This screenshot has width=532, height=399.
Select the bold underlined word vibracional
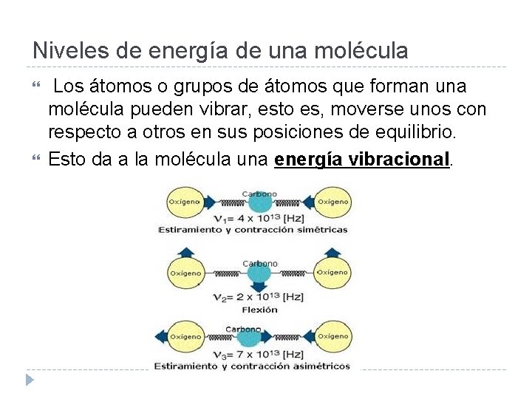point(397,160)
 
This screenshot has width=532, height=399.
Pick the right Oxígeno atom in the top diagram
point(332,202)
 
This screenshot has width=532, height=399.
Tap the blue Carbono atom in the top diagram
point(259,204)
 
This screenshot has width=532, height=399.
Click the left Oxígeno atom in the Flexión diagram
point(185,273)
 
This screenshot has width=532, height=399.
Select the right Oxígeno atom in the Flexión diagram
point(332,273)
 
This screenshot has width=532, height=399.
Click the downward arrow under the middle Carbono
point(259,286)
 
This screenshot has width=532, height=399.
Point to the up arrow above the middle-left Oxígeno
point(185,251)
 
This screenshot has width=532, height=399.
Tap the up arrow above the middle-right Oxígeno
point(332,251)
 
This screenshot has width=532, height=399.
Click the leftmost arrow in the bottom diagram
point(160,337)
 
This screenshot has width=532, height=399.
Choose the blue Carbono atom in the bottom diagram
point(259,338)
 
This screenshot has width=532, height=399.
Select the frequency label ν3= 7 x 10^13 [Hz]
point(258,355)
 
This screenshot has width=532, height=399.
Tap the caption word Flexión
point(259,309)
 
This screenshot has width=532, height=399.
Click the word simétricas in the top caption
point(321,230)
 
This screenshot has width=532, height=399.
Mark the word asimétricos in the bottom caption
point(320,366)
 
